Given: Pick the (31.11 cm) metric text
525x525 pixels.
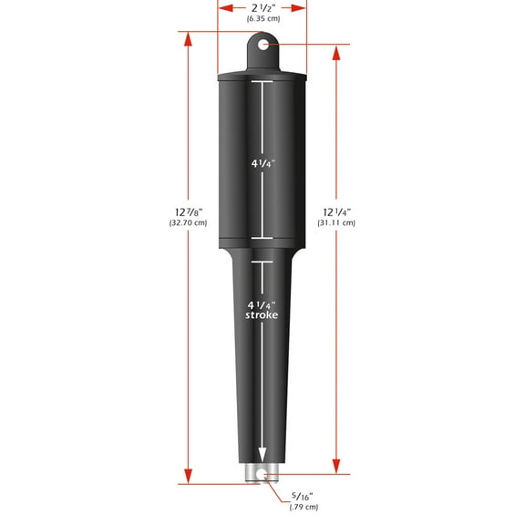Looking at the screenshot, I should [336, 222].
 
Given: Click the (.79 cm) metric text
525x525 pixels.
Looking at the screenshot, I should [303, 507].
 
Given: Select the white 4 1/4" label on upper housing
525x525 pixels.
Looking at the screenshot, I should [262, 164].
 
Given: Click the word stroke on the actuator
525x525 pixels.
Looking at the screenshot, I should [262, 314].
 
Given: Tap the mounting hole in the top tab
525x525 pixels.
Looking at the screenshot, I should [263, 44].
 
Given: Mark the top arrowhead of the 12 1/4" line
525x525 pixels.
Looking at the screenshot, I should [336, 51].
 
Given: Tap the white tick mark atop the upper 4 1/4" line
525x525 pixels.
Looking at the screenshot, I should [262, 83].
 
